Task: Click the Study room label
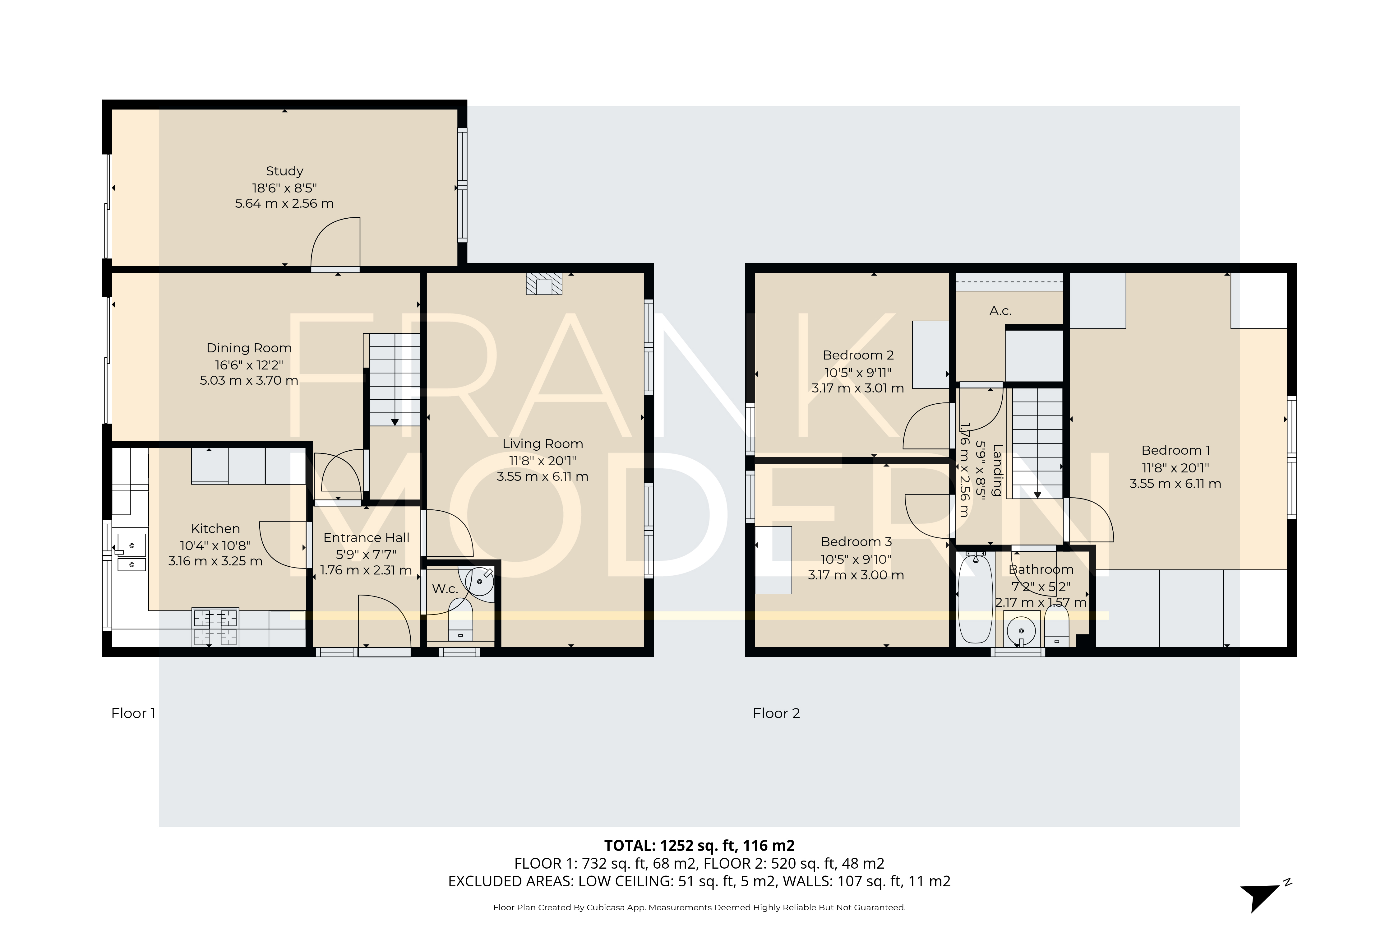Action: point(284,171)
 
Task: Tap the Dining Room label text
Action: point(249,348)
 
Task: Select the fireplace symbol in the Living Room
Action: point(544,285)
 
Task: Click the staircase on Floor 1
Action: point(394,379)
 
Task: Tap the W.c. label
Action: point(444,589)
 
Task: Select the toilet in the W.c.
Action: point(460,622)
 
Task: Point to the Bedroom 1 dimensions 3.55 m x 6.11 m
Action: point(1175,484)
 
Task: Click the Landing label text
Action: point(998,470)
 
